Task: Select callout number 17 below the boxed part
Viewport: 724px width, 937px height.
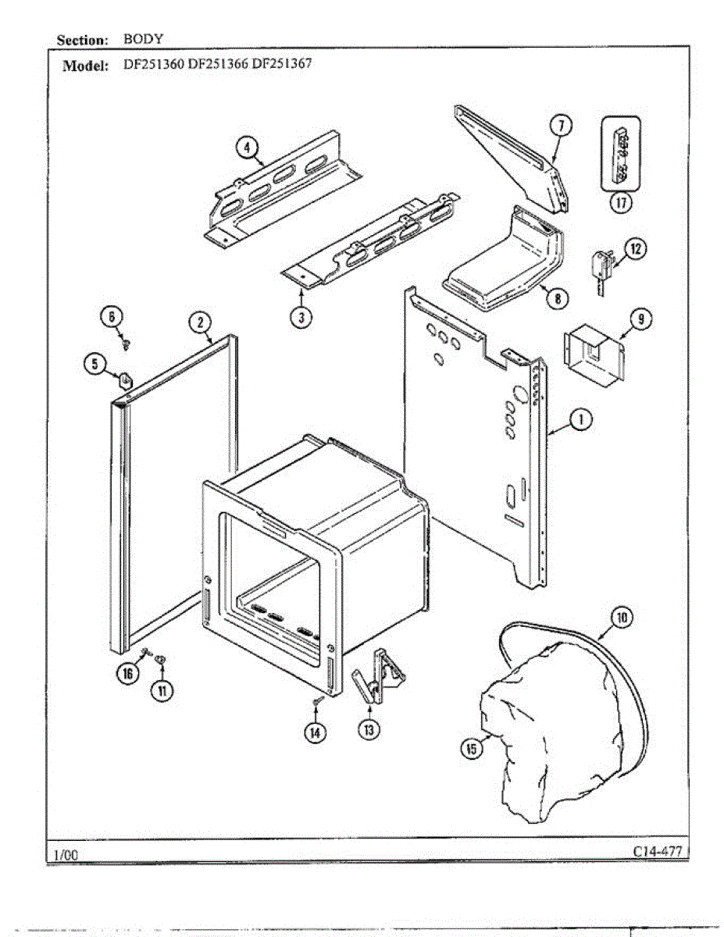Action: [621, 203]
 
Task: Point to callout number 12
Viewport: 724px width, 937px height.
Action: [635, 250]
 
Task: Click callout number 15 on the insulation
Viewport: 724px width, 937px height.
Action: [471, 749]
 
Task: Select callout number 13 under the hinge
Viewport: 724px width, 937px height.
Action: [368, 729]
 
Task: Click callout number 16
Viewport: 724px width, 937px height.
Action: [127, 674]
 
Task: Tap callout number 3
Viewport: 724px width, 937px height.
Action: [301, 318]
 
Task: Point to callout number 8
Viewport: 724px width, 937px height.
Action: [558, 297]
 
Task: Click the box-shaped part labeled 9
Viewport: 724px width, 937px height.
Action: [594, 355]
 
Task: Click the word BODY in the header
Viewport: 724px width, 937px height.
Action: [143, 38]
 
